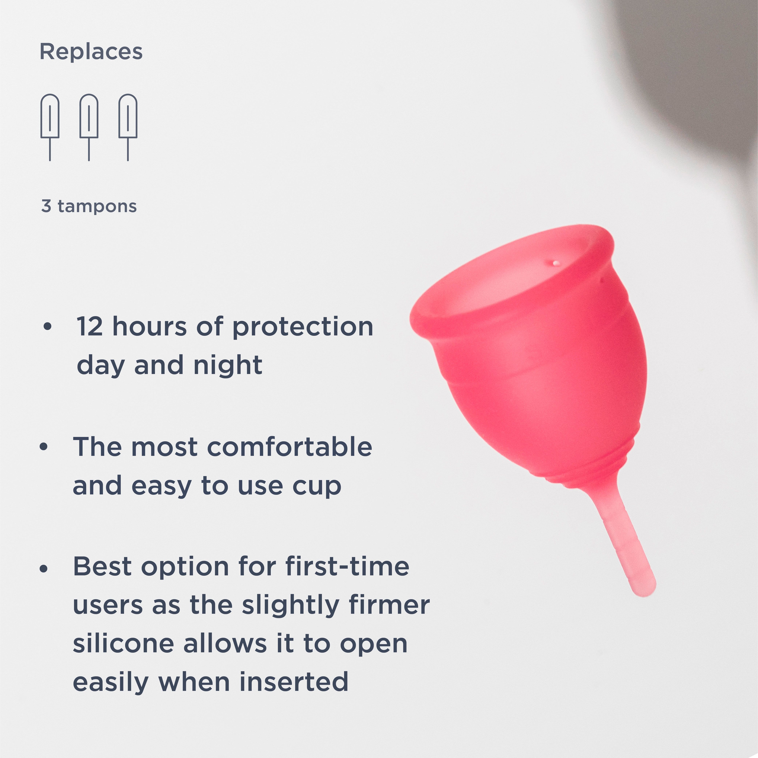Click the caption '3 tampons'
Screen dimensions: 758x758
click(x=89, y=206)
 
